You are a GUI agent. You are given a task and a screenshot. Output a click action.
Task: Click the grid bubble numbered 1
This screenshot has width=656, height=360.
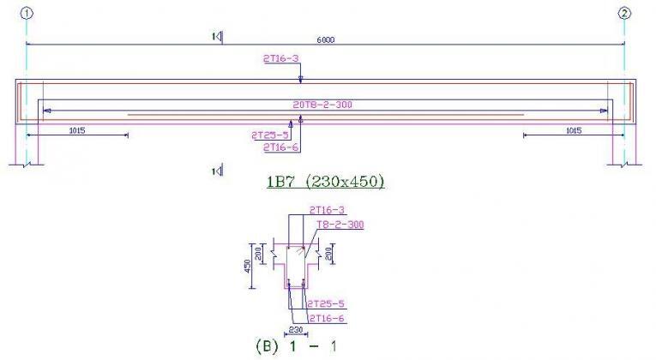coord(27,13)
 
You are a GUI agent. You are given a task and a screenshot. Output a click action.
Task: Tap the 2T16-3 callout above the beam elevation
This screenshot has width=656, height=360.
coord(281,58)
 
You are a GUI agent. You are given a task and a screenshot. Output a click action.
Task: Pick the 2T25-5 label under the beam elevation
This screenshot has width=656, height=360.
coord(269,135)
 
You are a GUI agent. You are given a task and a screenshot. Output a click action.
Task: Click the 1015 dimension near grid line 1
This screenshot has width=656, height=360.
coord(76,130)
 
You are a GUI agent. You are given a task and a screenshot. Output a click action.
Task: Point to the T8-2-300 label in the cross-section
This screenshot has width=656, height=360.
coord(340,225)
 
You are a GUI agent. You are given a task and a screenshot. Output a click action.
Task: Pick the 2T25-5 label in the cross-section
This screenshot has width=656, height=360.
coord(326,304)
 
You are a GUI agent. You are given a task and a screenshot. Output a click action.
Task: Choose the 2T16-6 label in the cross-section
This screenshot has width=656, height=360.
coord(326,318)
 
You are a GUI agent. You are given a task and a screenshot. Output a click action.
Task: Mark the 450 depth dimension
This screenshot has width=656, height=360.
coord(247,267)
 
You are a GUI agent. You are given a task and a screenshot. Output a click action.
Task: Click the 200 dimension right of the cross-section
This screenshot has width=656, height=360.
coord(333,252)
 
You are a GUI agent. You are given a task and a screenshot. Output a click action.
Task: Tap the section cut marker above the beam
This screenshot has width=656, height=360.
coord(218,36)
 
